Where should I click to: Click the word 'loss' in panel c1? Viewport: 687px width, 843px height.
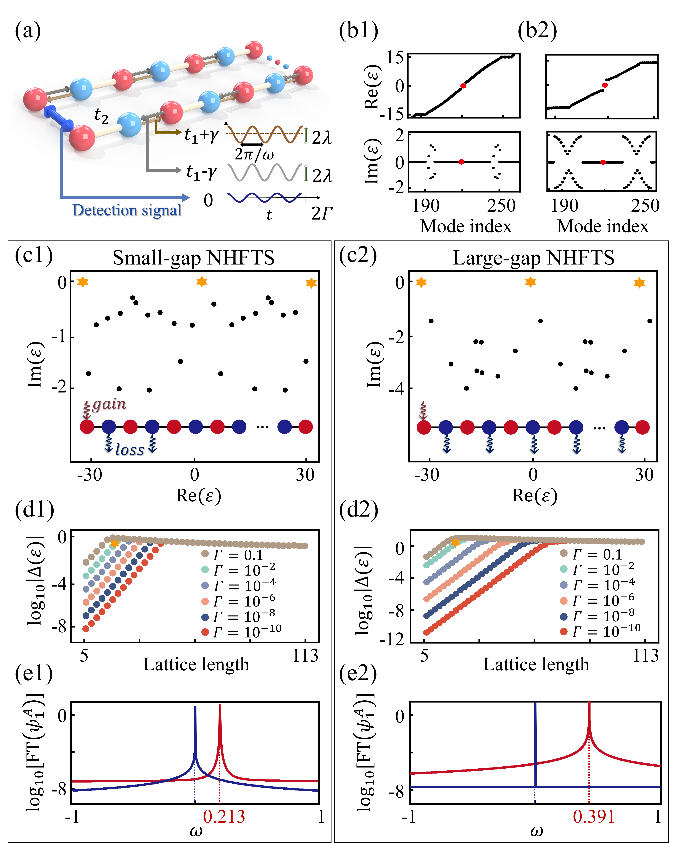[x=130, y=450]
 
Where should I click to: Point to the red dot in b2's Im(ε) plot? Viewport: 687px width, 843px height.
[x=603, y=162]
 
